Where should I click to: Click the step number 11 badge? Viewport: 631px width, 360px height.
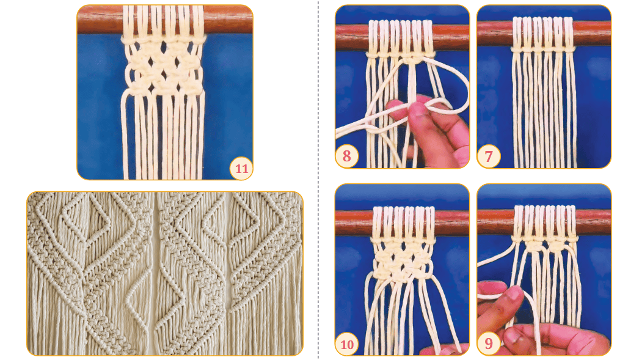click(241, 168)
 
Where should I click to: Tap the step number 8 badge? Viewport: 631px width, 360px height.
click(347, 156)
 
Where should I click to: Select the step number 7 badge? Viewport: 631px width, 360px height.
click(489, 156)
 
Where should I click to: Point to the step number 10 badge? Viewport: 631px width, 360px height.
click(347, 344)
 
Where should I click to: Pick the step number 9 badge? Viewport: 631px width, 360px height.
click(489, 343)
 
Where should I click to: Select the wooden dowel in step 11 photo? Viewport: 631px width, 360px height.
click(165, 20)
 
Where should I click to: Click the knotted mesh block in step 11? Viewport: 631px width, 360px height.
click(164, 66)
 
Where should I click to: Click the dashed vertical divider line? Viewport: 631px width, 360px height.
click(318, 180)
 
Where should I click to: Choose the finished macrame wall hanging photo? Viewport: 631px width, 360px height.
click(165, 274)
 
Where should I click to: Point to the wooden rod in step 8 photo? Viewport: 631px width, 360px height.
click(402, 37)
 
